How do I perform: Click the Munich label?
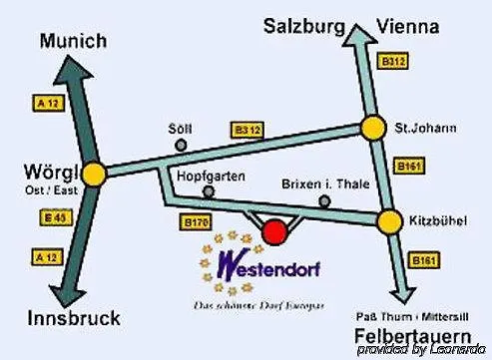(x=73, y=41)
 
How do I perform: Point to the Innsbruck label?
(x=74, y=319)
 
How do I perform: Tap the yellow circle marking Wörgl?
(x=96, y=173)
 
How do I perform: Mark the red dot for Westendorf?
(x=274, y=231)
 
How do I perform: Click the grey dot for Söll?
(x=181, y=145)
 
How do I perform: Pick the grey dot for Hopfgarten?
(x=209, y=190)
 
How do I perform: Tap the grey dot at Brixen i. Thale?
(x=324, y=200)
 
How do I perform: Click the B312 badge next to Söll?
(x=247, y=130)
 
